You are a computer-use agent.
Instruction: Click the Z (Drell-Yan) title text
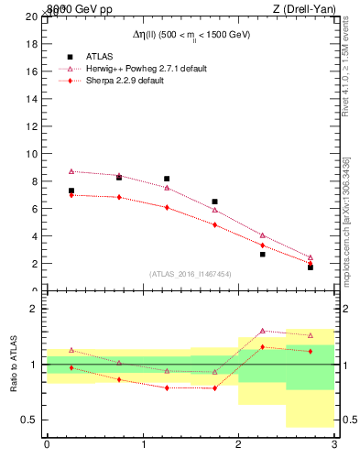[301, 8]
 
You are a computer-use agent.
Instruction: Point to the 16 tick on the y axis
[32, 71]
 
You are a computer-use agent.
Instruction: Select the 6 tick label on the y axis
[35, 209]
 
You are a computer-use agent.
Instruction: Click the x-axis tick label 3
[334, 444]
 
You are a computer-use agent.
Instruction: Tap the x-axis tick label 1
[143, 444]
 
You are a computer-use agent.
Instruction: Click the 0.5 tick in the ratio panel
[29, 420]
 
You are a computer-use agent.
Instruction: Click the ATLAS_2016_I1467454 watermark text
[190, 274]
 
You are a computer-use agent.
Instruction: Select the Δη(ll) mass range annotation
[190, 34]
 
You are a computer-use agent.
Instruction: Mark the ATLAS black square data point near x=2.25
[263, 254]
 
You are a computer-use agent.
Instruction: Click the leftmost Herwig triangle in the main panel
[71, 171]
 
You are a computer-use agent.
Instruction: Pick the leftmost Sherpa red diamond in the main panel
[71, 195]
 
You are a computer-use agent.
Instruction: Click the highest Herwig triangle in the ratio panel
[263, 331]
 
